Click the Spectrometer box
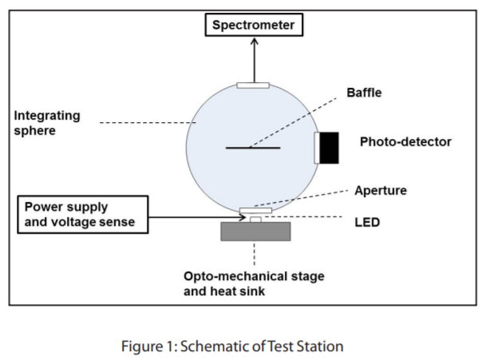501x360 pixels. pos(254,26)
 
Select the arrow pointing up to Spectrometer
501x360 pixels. pos(254,60)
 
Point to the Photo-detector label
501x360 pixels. pos(405,142)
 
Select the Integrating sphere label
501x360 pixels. pos(47,123)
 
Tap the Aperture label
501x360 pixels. pos(381,191)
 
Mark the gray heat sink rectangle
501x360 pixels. pos(254,231)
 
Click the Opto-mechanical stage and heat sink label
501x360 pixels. pos(254,283)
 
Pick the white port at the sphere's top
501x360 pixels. pos(254,84)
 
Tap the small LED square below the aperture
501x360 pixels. pos(254,219)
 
